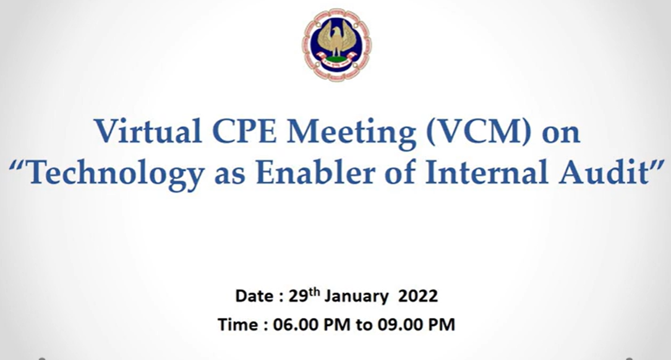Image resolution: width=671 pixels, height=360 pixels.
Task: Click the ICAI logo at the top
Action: [336, 45]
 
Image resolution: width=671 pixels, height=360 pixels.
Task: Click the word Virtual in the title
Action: [148, 131]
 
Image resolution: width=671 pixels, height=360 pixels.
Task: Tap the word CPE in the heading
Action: [244, 131]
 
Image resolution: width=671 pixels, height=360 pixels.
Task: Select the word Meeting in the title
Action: [351, 133]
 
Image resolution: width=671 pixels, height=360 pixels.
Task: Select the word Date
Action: [254, 296]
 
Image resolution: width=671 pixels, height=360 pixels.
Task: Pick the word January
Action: [356, 297]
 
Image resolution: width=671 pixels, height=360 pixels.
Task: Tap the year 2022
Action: [418, 296]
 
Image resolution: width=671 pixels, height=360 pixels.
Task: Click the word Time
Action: [237, 325]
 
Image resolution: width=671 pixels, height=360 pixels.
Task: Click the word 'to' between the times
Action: [364, 325]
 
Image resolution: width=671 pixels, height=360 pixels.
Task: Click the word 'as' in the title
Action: [229, 176]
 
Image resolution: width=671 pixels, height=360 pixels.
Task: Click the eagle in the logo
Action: [337, 40]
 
